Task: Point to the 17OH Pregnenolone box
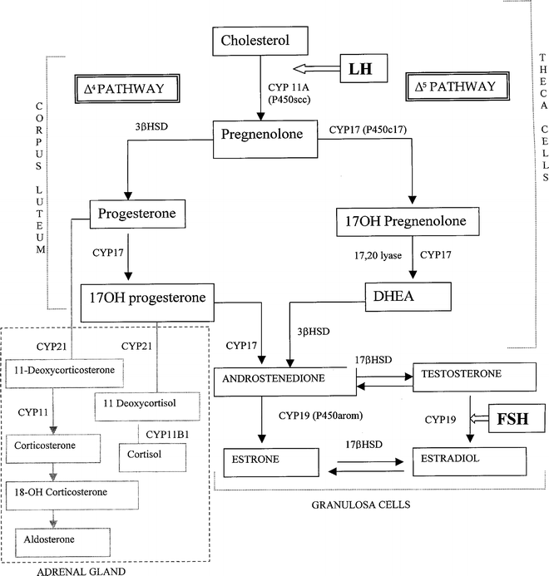pos(407,222)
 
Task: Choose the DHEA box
pos(408,296)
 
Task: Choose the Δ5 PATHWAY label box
pos(454,87)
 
